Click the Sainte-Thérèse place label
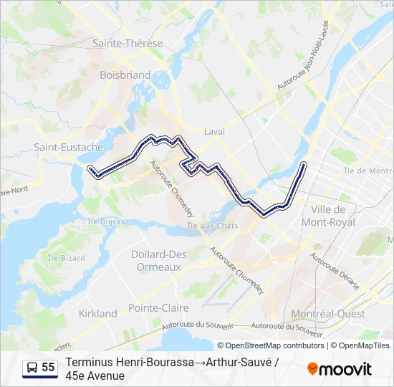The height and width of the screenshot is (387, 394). pos(127,43)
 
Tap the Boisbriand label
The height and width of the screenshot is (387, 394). pos(125,75)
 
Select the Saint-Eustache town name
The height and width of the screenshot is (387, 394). pos(69,147)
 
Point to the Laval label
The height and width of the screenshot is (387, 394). pos(214,132)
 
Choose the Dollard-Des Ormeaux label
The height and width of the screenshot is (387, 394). pos(158,260)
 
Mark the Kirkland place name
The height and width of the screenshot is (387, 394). pos(97,313)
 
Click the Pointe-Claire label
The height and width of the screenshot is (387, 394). pos(158,308)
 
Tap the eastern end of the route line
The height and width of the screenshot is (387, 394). pos(304,165)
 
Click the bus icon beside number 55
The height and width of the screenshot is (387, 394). pos(32,368)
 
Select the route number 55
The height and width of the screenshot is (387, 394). pos(48,368)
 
